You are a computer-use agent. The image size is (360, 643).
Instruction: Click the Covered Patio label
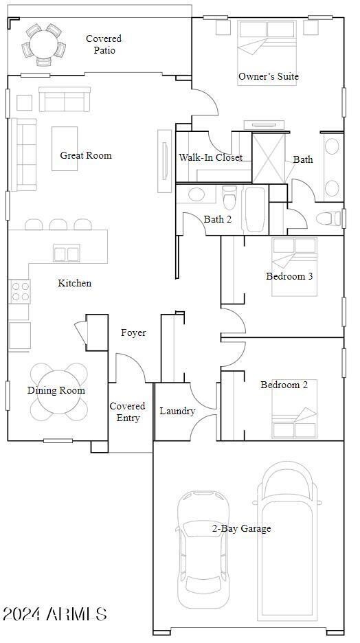point(104,44)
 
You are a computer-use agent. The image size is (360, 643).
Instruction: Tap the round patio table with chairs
point(43,44)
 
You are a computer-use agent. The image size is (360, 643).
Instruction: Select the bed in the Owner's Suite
point(268,53)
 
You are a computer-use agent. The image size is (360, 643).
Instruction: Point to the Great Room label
point(86,155)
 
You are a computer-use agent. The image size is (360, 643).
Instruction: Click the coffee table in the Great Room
point(65,148)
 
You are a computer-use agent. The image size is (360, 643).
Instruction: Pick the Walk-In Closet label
point(210,157)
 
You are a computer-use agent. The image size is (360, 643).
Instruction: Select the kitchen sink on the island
point(67,253)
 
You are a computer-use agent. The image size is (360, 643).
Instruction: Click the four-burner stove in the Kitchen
point(19,291)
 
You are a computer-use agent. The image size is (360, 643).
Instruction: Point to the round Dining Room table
point(59,391)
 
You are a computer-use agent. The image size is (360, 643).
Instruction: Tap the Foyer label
point(133,332)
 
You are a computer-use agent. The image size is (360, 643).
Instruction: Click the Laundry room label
point(177,411)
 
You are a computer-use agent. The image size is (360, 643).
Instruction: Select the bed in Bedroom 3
point(294,267)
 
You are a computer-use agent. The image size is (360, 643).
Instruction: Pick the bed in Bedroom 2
point(294,409)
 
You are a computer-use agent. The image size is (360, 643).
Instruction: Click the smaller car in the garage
point(203,549)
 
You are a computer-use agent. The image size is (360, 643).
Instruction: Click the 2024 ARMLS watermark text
point(55,614)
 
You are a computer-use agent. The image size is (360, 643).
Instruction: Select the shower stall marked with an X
point(269,158)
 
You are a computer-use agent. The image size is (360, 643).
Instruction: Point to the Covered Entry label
point(128,411)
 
